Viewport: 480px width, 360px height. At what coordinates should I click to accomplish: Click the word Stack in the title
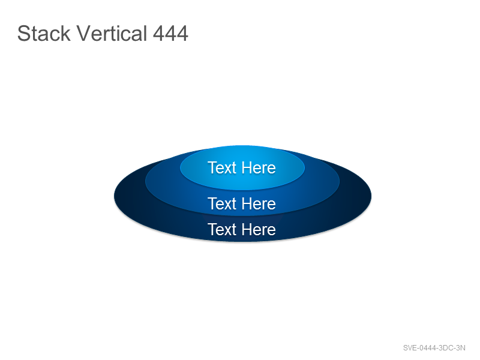click(44, 33)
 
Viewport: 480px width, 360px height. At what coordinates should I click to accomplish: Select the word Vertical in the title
click(112, 33)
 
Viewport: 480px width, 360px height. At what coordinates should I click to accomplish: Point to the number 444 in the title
click(170, 34)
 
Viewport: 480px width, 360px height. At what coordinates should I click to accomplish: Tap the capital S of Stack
click(23, 33)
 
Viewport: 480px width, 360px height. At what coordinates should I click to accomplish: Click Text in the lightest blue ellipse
click(222, 168)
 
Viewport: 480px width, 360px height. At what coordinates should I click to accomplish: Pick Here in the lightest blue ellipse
click(259, 168)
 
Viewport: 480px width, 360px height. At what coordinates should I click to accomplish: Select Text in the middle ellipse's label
click(222, 203)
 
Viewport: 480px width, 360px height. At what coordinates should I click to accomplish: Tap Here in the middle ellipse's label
click(259, 203)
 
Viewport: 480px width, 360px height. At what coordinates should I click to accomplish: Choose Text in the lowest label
click(222, 229)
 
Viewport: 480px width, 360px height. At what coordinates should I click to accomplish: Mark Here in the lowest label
click(259, 229)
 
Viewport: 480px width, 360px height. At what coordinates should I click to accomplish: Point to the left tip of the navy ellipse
click(114, 196)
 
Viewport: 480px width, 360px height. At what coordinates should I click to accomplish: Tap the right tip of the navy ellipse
click(371, 196)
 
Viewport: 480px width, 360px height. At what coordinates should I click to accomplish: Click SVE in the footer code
click(410, 348)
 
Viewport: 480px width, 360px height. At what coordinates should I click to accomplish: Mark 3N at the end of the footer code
click(460, 348)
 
